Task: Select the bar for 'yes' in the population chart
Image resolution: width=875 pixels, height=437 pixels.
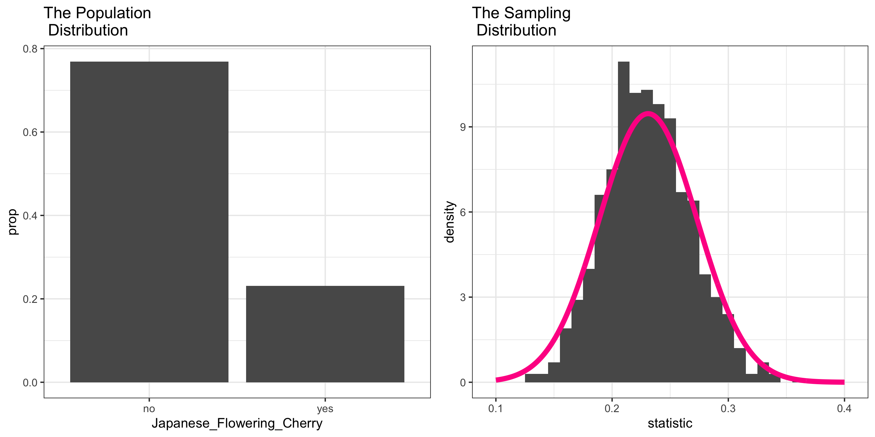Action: pos(325,334)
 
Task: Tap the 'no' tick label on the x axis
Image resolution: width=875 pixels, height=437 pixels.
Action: pos(149,409)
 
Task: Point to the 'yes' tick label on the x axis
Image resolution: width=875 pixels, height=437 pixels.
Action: pos(325,409)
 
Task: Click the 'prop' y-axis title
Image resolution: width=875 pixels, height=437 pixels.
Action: pos(12,222)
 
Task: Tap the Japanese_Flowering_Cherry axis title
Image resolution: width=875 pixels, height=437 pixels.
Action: pos(237,423)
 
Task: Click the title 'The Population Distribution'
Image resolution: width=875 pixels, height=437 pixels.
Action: pos(97,21)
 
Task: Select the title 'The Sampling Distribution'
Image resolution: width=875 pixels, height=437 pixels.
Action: pos(521,21)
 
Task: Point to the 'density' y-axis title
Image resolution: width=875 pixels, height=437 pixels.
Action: pos(449,222)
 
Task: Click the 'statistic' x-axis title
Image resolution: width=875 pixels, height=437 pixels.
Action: pos(670,423)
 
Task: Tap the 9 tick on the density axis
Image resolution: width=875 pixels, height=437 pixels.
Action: pos(463,127)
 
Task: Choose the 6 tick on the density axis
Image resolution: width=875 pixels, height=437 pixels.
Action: pos(463,212)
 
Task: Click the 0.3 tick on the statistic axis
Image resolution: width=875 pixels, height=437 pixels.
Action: pos(728,409)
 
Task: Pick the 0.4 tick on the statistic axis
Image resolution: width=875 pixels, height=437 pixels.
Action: pos(844,409)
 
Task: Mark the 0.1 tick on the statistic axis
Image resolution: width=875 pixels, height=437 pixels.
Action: pos(496,409)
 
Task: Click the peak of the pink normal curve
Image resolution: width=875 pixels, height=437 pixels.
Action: pos(648,114)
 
